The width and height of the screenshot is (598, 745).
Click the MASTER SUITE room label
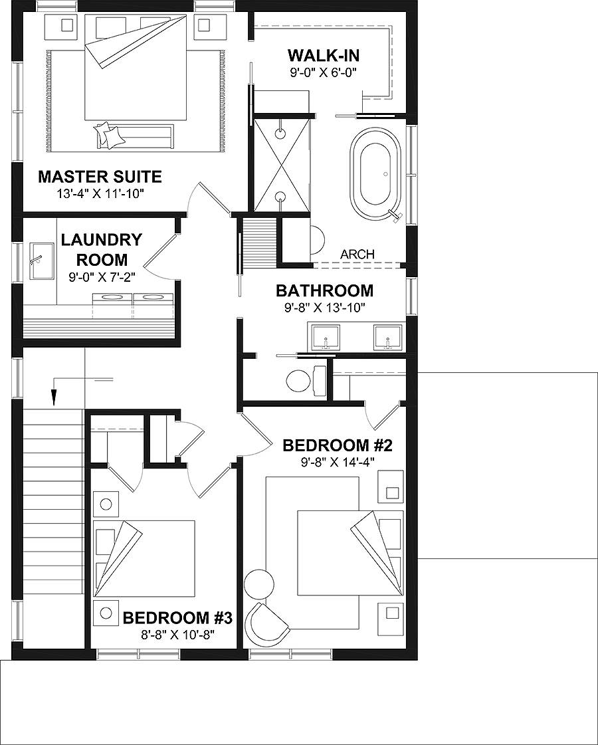(100, 177)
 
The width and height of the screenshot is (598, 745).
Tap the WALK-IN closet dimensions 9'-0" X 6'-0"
(324, 74)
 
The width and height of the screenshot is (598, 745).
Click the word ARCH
(357, 254)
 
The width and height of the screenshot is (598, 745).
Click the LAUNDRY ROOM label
(101, 249)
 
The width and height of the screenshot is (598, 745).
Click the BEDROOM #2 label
(335, 445)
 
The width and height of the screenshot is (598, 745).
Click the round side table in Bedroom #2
(258, 584)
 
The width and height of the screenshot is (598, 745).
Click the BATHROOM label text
(324, 290)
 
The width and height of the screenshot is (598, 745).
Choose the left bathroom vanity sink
(326, 338)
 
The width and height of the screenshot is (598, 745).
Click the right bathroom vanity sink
(388, 338)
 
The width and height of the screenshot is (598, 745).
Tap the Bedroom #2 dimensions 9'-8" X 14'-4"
(334, 462)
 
